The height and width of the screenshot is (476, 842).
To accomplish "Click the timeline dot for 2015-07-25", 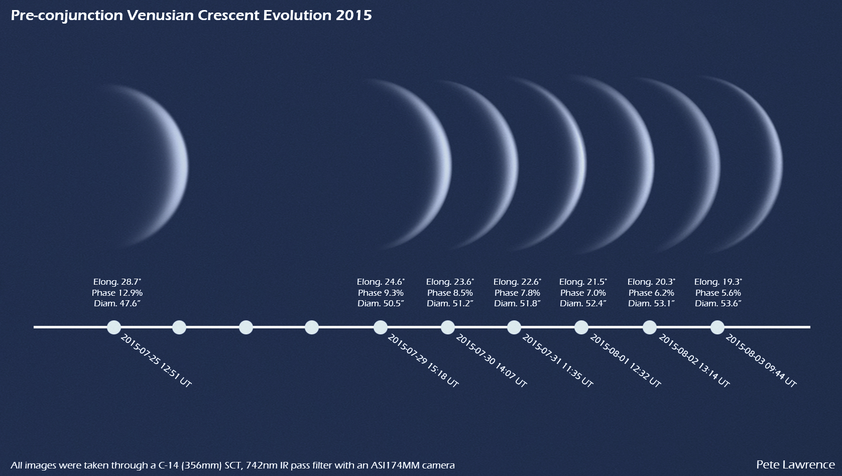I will point(114,327).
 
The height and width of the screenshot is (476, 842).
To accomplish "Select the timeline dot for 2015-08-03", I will point(717,327).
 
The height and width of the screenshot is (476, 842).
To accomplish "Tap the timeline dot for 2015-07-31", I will point(514,327).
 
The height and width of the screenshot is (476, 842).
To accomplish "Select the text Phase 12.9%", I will point(117,293).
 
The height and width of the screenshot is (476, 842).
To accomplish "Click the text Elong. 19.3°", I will point(718,282).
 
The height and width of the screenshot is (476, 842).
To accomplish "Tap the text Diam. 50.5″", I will point(381,303).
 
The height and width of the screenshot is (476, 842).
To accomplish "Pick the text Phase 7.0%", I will point(583,293).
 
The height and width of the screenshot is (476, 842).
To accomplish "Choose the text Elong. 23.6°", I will point(450,282).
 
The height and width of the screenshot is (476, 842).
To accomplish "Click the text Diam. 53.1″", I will point(651,303).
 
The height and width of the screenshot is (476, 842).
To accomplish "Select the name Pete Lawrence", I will point(795,464).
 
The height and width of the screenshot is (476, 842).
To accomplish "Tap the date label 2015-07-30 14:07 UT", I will point(491,361).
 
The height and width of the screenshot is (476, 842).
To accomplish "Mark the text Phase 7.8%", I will point(517,293).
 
